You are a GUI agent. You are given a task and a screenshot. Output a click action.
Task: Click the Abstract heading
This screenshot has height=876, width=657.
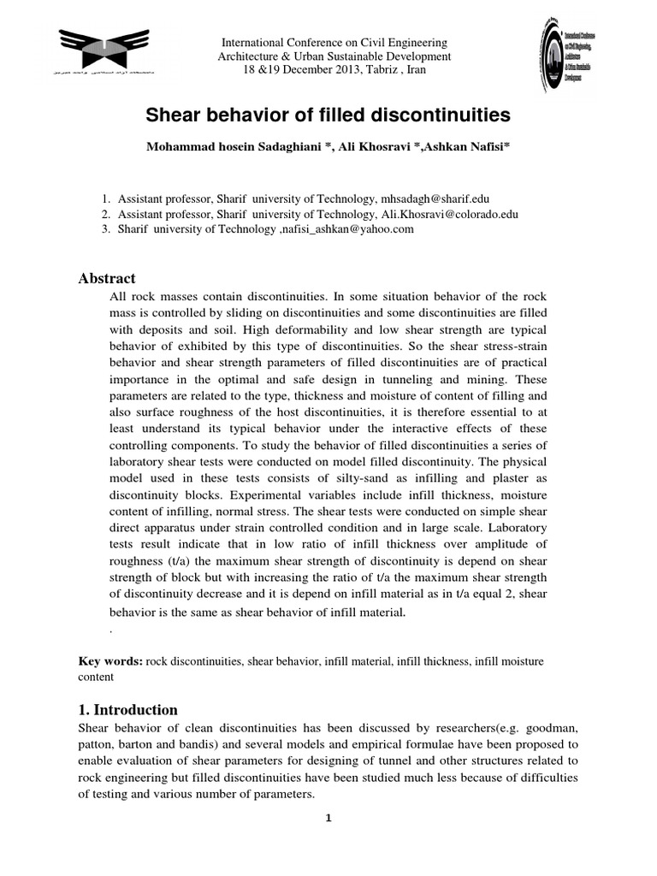[x=107, y=278]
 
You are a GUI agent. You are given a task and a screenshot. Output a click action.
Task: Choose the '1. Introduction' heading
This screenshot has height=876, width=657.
[x=128, y=709]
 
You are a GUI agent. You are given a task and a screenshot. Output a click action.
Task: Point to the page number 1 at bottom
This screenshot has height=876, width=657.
[x=328, y=818]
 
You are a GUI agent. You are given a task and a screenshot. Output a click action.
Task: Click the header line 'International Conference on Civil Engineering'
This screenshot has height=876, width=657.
[x=334, y=43]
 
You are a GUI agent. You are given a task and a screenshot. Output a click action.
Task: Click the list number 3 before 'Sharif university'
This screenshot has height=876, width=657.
[x=105, y=229]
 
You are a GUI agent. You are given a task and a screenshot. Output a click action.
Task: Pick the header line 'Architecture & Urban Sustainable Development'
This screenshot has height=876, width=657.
[x=334, y=56]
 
